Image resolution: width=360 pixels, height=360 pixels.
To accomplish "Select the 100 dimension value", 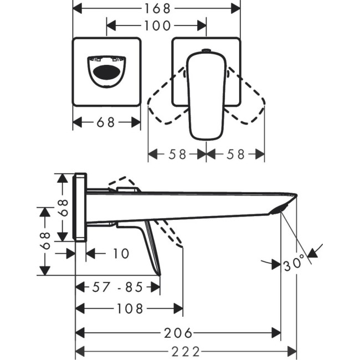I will point(157,25).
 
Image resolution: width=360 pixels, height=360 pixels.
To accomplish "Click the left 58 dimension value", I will point(177,155).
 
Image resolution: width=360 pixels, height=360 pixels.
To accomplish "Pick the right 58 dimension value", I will point(235,155).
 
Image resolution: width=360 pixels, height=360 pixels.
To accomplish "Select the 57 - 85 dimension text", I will point(117,287).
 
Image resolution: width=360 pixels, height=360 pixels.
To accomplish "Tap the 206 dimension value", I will point(177,333).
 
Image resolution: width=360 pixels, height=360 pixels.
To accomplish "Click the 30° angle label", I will point(294,264).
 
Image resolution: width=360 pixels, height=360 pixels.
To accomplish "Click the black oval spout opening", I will point(105,73).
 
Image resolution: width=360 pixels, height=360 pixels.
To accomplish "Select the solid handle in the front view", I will point(205,94).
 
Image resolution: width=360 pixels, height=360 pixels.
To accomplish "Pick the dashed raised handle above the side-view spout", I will point(123,183).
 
